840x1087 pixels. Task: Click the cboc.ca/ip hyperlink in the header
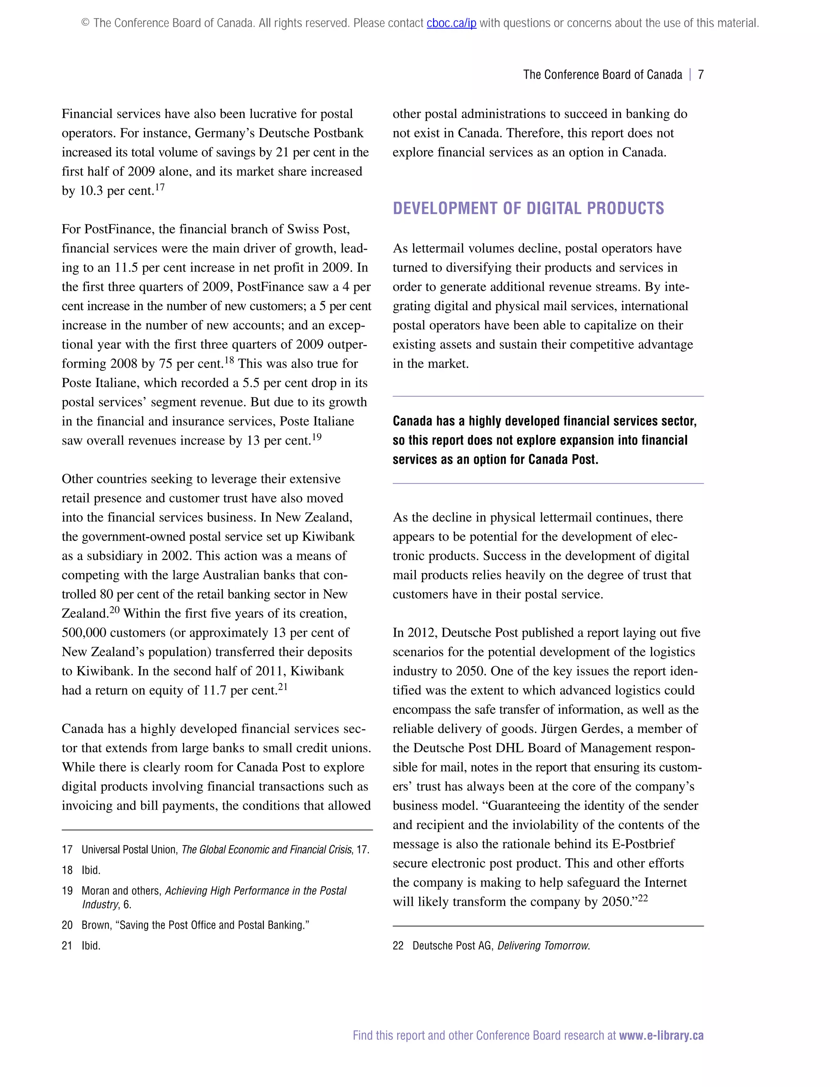pos(451,23)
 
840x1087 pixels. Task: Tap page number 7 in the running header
pos(700,75)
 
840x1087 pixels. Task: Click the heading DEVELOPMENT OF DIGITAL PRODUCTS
pos(528,208)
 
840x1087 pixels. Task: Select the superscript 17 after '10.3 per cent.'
pos(160,187)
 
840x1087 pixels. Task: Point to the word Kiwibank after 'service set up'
pos(328,537)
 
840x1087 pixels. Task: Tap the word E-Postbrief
pos(643,844)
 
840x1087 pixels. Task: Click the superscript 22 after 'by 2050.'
pos(643,898)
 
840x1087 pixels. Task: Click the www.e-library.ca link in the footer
pos(661,1035)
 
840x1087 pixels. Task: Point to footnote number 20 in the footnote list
pos(67,925)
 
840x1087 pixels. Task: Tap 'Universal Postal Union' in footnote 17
pos(129,850)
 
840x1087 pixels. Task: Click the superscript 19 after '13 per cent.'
pos(317,437)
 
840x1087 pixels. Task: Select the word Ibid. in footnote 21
pos(91,945)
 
